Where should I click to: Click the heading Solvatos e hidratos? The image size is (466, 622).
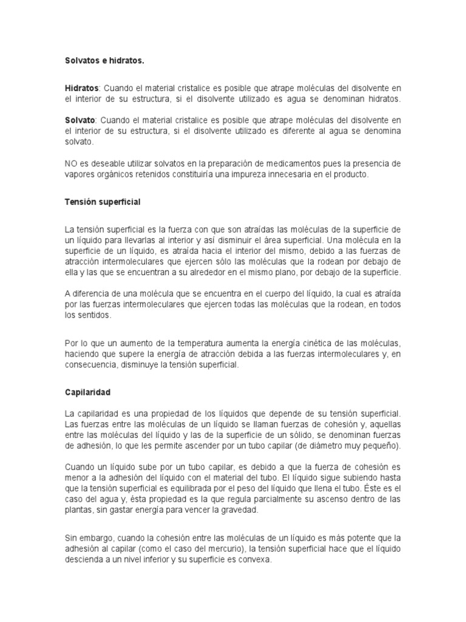[105, 61]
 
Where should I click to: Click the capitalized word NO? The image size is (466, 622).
[70, 164]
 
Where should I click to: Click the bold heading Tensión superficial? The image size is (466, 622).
[103, 202]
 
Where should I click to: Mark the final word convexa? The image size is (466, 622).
[257, 560]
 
